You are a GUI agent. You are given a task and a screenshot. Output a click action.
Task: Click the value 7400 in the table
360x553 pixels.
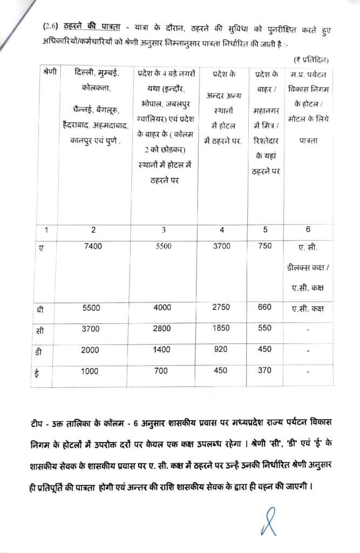[x=93, y=246]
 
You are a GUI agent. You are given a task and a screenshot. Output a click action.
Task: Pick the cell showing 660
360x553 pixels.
[x=265, y=307]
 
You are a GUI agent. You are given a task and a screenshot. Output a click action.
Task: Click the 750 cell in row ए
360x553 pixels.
[x=265, y=246]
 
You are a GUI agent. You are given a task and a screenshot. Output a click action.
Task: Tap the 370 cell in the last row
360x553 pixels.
[x=265, y=371]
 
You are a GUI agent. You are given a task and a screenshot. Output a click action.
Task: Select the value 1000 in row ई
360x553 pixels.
[x=90, y=371]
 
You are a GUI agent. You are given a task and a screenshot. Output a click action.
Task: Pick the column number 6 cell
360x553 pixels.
[x=308, y=230]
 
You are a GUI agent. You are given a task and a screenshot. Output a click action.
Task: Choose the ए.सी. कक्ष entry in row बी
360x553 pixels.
[x=307, y=308]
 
